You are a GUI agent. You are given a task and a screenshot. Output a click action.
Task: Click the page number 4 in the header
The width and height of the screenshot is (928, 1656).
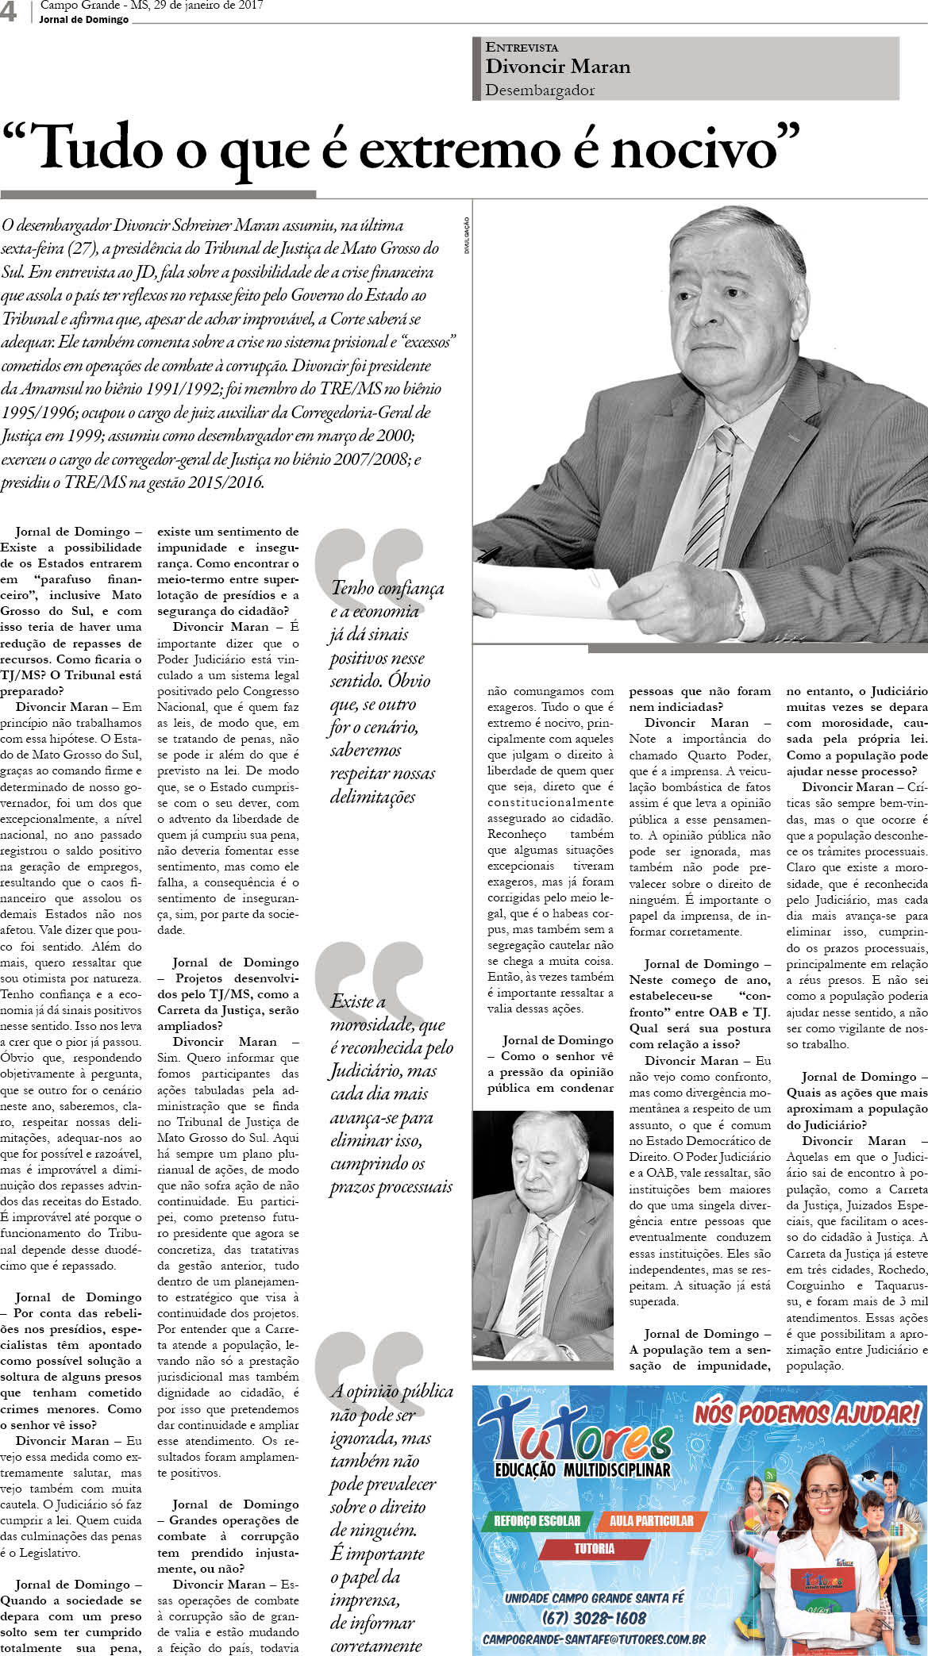pos(9,11)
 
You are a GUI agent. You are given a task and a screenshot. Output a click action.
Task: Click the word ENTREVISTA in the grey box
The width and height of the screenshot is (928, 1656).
pos(522,48)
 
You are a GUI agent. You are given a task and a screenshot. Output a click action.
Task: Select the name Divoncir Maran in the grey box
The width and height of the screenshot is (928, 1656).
pos(557,67)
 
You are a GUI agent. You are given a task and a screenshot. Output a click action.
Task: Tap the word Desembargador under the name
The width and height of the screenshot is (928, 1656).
pos(540,90)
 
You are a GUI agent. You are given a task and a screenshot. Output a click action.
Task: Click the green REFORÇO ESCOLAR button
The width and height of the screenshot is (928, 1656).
pos(537,1520)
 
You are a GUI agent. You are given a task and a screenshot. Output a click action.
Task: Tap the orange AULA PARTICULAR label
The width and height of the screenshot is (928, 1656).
pos(651,1520)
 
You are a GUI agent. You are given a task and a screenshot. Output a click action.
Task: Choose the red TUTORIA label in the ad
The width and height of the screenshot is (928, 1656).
pos(594,1548)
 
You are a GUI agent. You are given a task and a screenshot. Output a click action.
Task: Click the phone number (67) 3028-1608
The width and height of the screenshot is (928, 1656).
pos(594,1618)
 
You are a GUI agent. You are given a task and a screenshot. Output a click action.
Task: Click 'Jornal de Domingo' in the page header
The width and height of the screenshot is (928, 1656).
pos(83,20)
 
